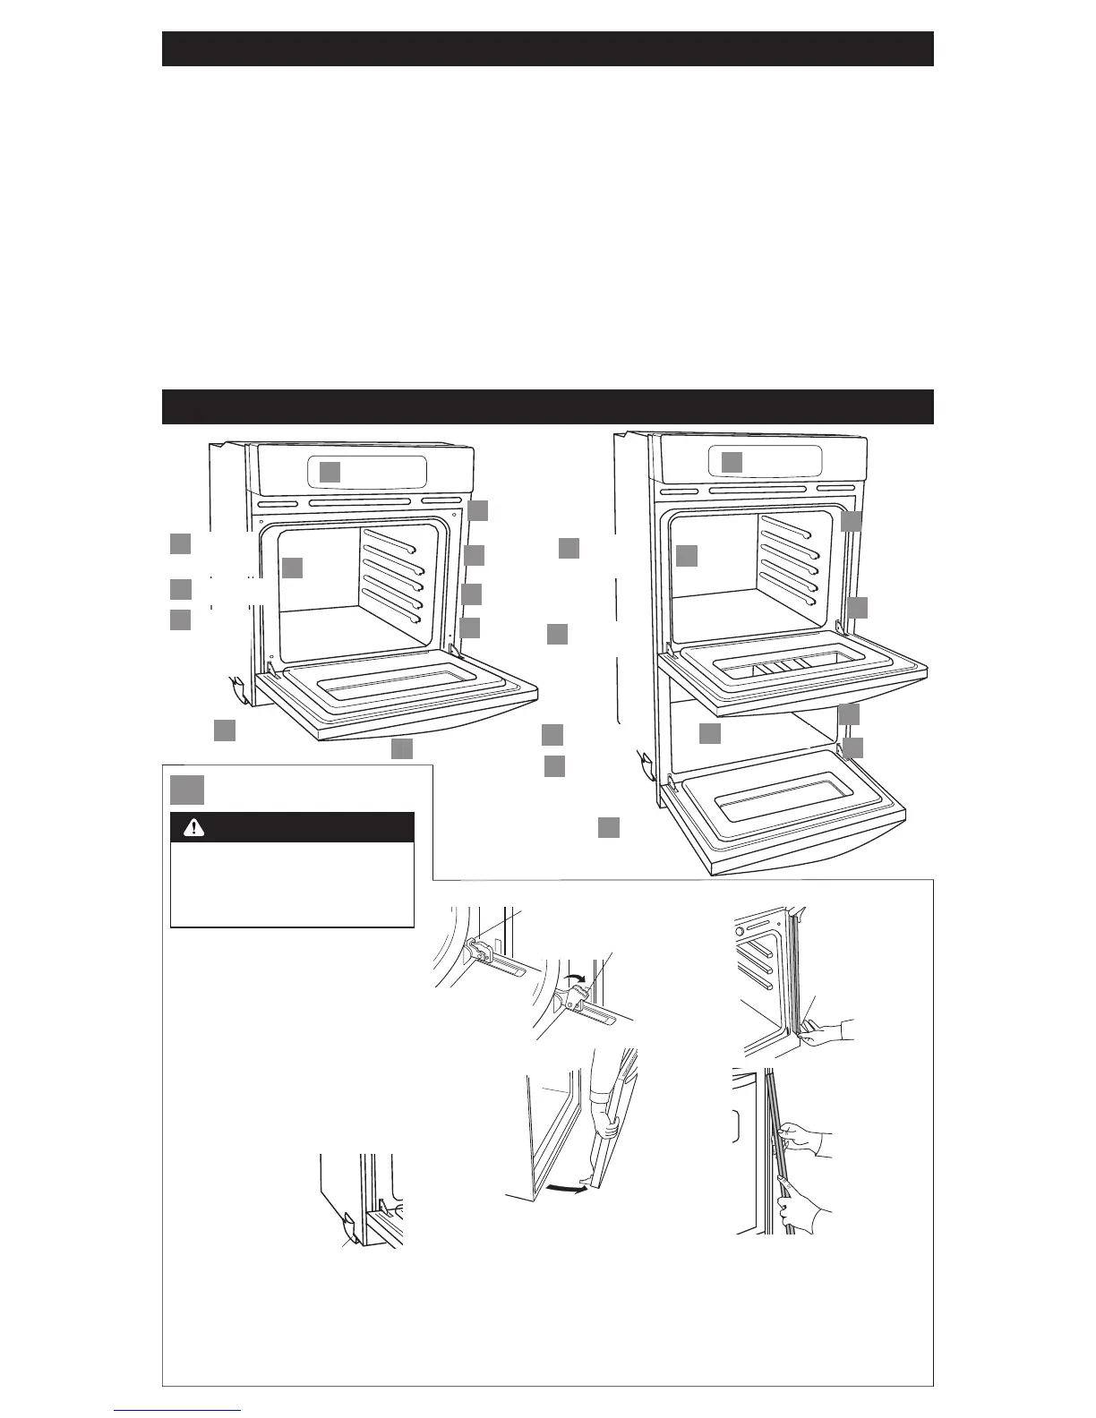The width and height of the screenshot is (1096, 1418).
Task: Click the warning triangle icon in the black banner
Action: (x=193, y=828)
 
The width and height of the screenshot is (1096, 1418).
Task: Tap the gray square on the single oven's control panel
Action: (x=330, y=472)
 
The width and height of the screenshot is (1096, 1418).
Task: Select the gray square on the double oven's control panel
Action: (x=732, y=462)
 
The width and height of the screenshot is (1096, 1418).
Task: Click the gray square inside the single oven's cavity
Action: (x=292, y=568)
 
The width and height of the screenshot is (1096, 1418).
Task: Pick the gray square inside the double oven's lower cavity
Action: (x=710, y=733)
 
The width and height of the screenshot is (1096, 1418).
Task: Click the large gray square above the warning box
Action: (x=187, y=790)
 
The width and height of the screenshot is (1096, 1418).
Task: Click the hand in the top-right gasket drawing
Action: (x=824, y=1031)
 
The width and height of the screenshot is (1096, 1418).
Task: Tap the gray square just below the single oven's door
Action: (x=402, y=748)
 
